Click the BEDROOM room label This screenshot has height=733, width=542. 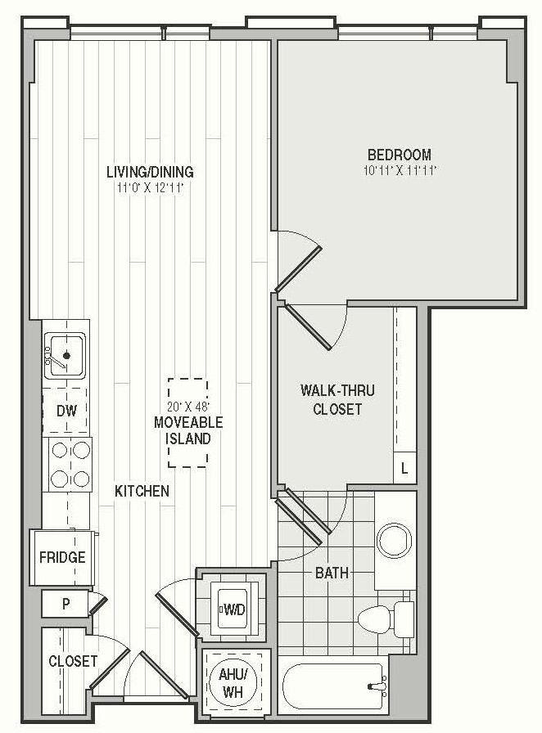point(400,155)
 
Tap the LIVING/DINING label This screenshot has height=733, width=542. point(150,172)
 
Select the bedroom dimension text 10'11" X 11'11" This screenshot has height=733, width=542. point(400,170)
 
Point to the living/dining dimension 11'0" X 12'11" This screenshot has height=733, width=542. point(150,188)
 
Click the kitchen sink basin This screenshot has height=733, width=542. point(65,355)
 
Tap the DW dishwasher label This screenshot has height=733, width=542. point(66,411)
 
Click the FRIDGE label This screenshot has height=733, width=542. point(62,557)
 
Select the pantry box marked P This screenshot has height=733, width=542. point(65,604)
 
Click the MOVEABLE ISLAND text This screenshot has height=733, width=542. point(188,430)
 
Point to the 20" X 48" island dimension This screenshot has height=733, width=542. point(188,406)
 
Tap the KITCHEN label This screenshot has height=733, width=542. point(142,491)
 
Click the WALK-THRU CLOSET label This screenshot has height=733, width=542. point(337,400)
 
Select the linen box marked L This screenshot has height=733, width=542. point(404,468)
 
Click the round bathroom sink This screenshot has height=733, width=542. point(395,542)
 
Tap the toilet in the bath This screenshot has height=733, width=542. point(386,618)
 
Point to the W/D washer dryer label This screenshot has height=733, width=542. point(234,609)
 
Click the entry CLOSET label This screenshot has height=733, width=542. point(73,661)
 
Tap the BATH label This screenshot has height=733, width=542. point(332,573)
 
